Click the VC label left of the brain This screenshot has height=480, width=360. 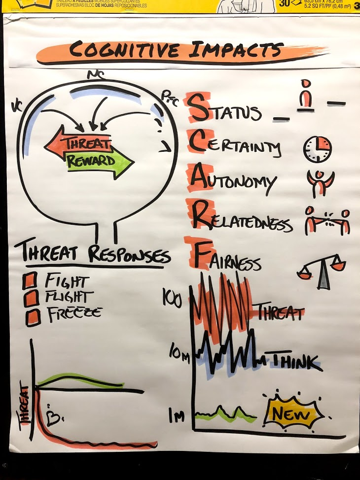click(18, 105)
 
